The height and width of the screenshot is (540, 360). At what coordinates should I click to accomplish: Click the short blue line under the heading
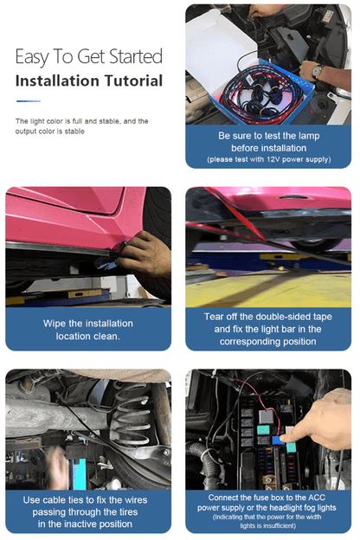29,101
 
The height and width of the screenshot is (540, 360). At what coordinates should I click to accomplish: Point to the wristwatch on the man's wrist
318,71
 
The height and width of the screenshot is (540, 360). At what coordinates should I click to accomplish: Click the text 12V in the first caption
273,159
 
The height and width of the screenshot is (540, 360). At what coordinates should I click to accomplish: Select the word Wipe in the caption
55,324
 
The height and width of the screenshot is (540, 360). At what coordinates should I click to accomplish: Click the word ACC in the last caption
317,498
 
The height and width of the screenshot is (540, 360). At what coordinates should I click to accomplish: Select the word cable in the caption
55,499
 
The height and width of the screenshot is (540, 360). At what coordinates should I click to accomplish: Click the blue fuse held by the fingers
278,440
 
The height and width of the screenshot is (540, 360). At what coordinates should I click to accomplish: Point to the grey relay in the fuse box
266,416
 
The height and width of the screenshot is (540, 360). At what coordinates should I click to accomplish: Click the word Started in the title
136,56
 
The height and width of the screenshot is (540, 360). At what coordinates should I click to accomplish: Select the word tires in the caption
128,512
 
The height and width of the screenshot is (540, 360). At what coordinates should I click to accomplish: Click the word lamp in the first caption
309,136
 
